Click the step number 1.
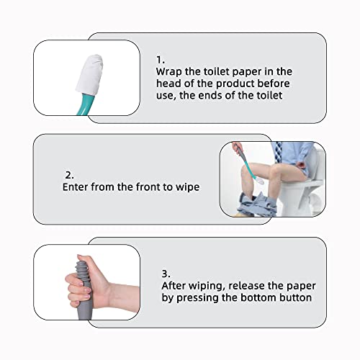coord(160,59)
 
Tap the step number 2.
coord(68,174)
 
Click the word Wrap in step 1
coord(169,72)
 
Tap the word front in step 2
coord(153,186)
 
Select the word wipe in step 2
coord(187,186)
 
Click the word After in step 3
coord(176,286)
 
